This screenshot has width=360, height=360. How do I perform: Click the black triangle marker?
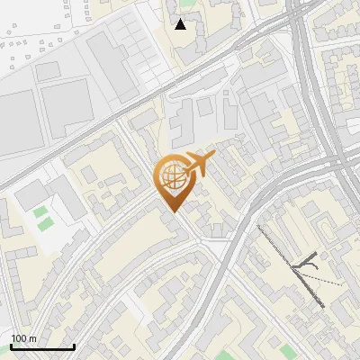(181, 24)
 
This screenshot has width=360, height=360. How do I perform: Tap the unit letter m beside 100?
(33, 338)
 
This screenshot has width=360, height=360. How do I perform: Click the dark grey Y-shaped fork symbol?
(308, 262)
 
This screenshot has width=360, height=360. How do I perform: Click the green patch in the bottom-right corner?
(287, 349)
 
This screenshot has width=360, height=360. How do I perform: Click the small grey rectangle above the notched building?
(51, 70)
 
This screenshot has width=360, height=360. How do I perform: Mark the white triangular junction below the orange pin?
(216, 243)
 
